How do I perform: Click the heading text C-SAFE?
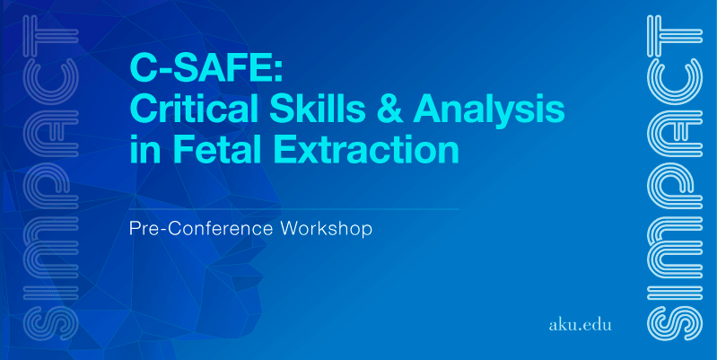click(x=206, y=68)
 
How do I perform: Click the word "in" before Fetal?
click(x=146, y=150)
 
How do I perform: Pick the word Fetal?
click(x=216, y=150)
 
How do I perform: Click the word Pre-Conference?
click(x=202, y=228)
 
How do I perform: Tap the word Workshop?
click(x=327, y=229)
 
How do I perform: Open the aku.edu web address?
click(x=580, y=325)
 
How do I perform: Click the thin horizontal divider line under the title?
click(x=294, y=209)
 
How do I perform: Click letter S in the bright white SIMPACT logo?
click(x=675, y=323)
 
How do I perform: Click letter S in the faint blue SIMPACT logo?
click(x=52, y=323)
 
